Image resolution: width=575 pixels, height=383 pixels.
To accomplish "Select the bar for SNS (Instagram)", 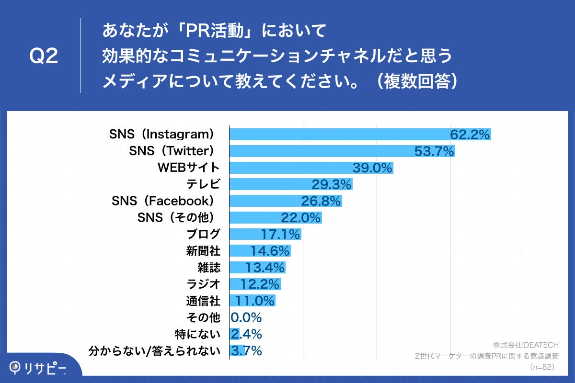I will (335, 135).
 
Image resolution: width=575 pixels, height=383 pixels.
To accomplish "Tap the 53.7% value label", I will (434, 152).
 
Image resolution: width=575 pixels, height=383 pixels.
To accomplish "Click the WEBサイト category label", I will (189, 168).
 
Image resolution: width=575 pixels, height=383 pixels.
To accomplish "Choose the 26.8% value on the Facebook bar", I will (321, 201).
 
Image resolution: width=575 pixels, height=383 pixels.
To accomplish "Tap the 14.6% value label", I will (270, 251).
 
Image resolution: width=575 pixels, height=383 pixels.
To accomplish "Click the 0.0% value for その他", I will (246, 317).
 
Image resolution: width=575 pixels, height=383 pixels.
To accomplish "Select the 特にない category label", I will (198, 334).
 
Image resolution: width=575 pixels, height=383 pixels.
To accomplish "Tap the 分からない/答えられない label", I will (155, 351).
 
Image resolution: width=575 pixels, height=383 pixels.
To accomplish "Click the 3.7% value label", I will (246, 350).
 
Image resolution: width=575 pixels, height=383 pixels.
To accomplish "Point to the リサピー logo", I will (38, 368).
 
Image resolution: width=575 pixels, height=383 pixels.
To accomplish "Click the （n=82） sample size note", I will (543, 367).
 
